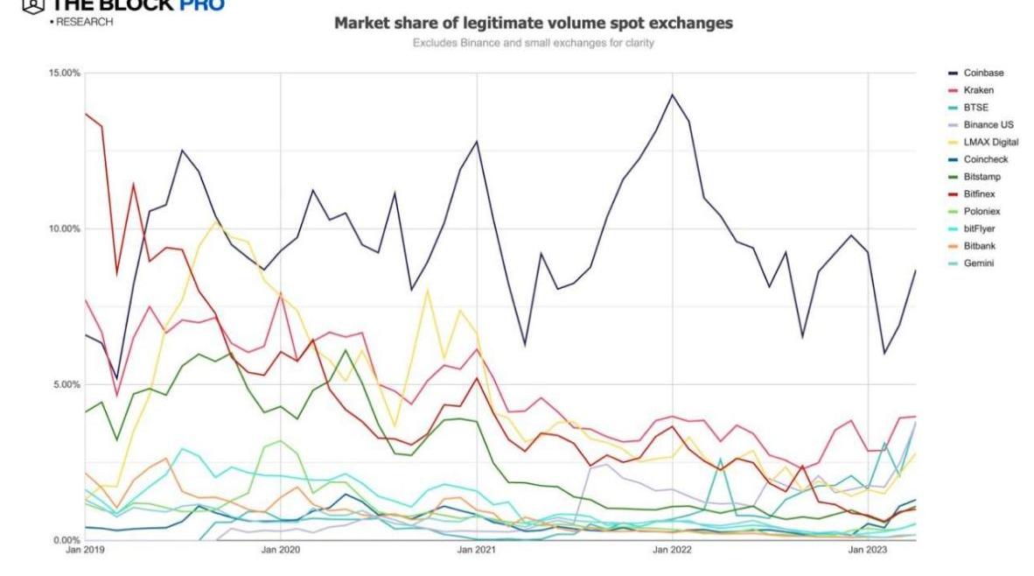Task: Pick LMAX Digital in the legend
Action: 985,143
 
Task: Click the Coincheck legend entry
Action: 980,159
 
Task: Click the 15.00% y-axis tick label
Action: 64,74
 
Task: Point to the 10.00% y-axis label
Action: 64,229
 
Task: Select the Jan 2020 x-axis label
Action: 281,551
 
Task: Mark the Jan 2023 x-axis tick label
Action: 867,551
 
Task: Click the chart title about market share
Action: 534,24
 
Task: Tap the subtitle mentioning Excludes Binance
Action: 534,42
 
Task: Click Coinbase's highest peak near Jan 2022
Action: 672,95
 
